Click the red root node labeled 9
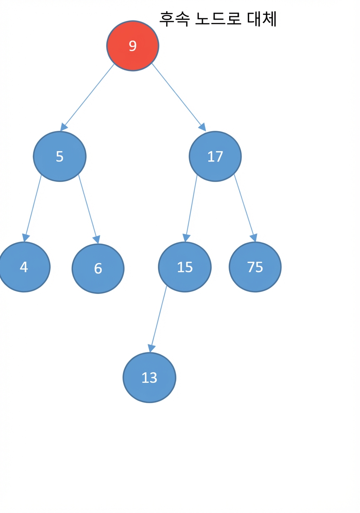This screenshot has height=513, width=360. coord(132,46)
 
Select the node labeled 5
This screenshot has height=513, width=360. coord(60,157)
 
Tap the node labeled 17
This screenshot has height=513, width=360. coord(215,157)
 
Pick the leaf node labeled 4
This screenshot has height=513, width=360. coord(24,267)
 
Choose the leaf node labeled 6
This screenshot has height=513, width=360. coord(98,269)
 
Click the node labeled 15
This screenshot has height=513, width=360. coord(185,267)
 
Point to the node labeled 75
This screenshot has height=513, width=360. coord(255,267)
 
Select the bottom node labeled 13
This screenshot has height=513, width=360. coord(150,378)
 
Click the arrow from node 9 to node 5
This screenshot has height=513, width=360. coord(87,97)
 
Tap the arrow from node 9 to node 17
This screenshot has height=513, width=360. coord(179,97)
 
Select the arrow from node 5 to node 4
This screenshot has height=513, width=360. coord(33,208)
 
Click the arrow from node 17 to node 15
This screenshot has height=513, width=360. coord(190,208)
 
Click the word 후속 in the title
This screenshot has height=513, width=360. coord(175,19)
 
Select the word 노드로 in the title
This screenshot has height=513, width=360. coord(218,19)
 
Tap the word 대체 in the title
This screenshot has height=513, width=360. coord(262,19)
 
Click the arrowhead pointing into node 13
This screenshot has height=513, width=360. coord(151,349)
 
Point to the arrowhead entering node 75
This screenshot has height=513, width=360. coord(254,238)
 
